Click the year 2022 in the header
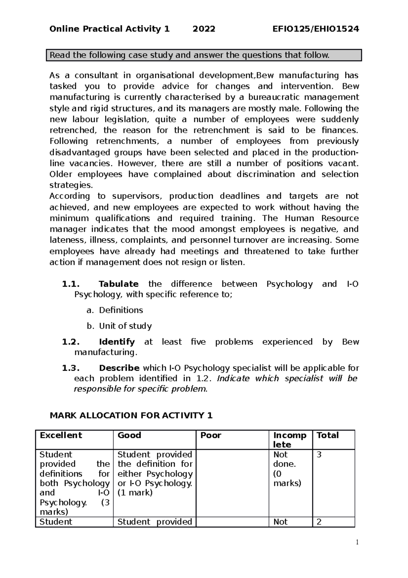pyautogui.click(x=204, y=29)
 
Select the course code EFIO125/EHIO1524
pyautogui.click(x=316, y=29)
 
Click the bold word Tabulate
pyautogui.click(x=118, y=284)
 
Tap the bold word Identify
pyautogui.click(x=117, y=342)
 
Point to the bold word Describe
pyautogui.click(x=119, y=368)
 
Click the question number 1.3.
pyautogui.click(x=71, y=368)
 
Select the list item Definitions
pyautogui.click(x=121, y=310)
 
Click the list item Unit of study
pyautogui.click(x=125, y=326)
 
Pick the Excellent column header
pyautogui.click(x=61, y=435)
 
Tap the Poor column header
pyautogui.click(x=211, y=435)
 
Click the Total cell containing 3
pyautogui.click(x=319, y=455)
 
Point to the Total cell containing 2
pyautogui.click(x=319, y=522)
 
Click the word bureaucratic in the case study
pyautogui.click(x=275, y=97)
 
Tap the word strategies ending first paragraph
pyautogui.click(x=71, y=185)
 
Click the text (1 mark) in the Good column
pyautogui.click(x=135, y=493)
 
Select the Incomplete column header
pyautogui.click(x=290, y=440)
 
